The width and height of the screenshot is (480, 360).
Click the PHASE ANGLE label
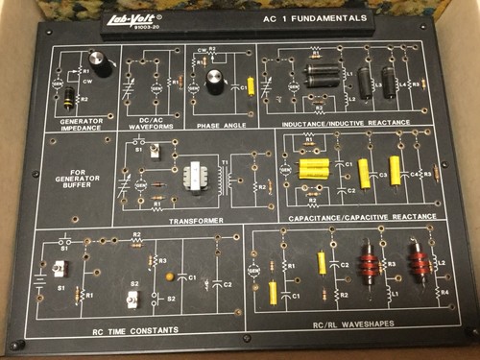click(217, 124)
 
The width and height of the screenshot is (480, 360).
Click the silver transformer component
click(198, 180)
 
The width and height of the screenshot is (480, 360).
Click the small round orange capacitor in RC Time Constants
click(171, 278)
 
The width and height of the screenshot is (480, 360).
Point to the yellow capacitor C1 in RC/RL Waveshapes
click(275, 290)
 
